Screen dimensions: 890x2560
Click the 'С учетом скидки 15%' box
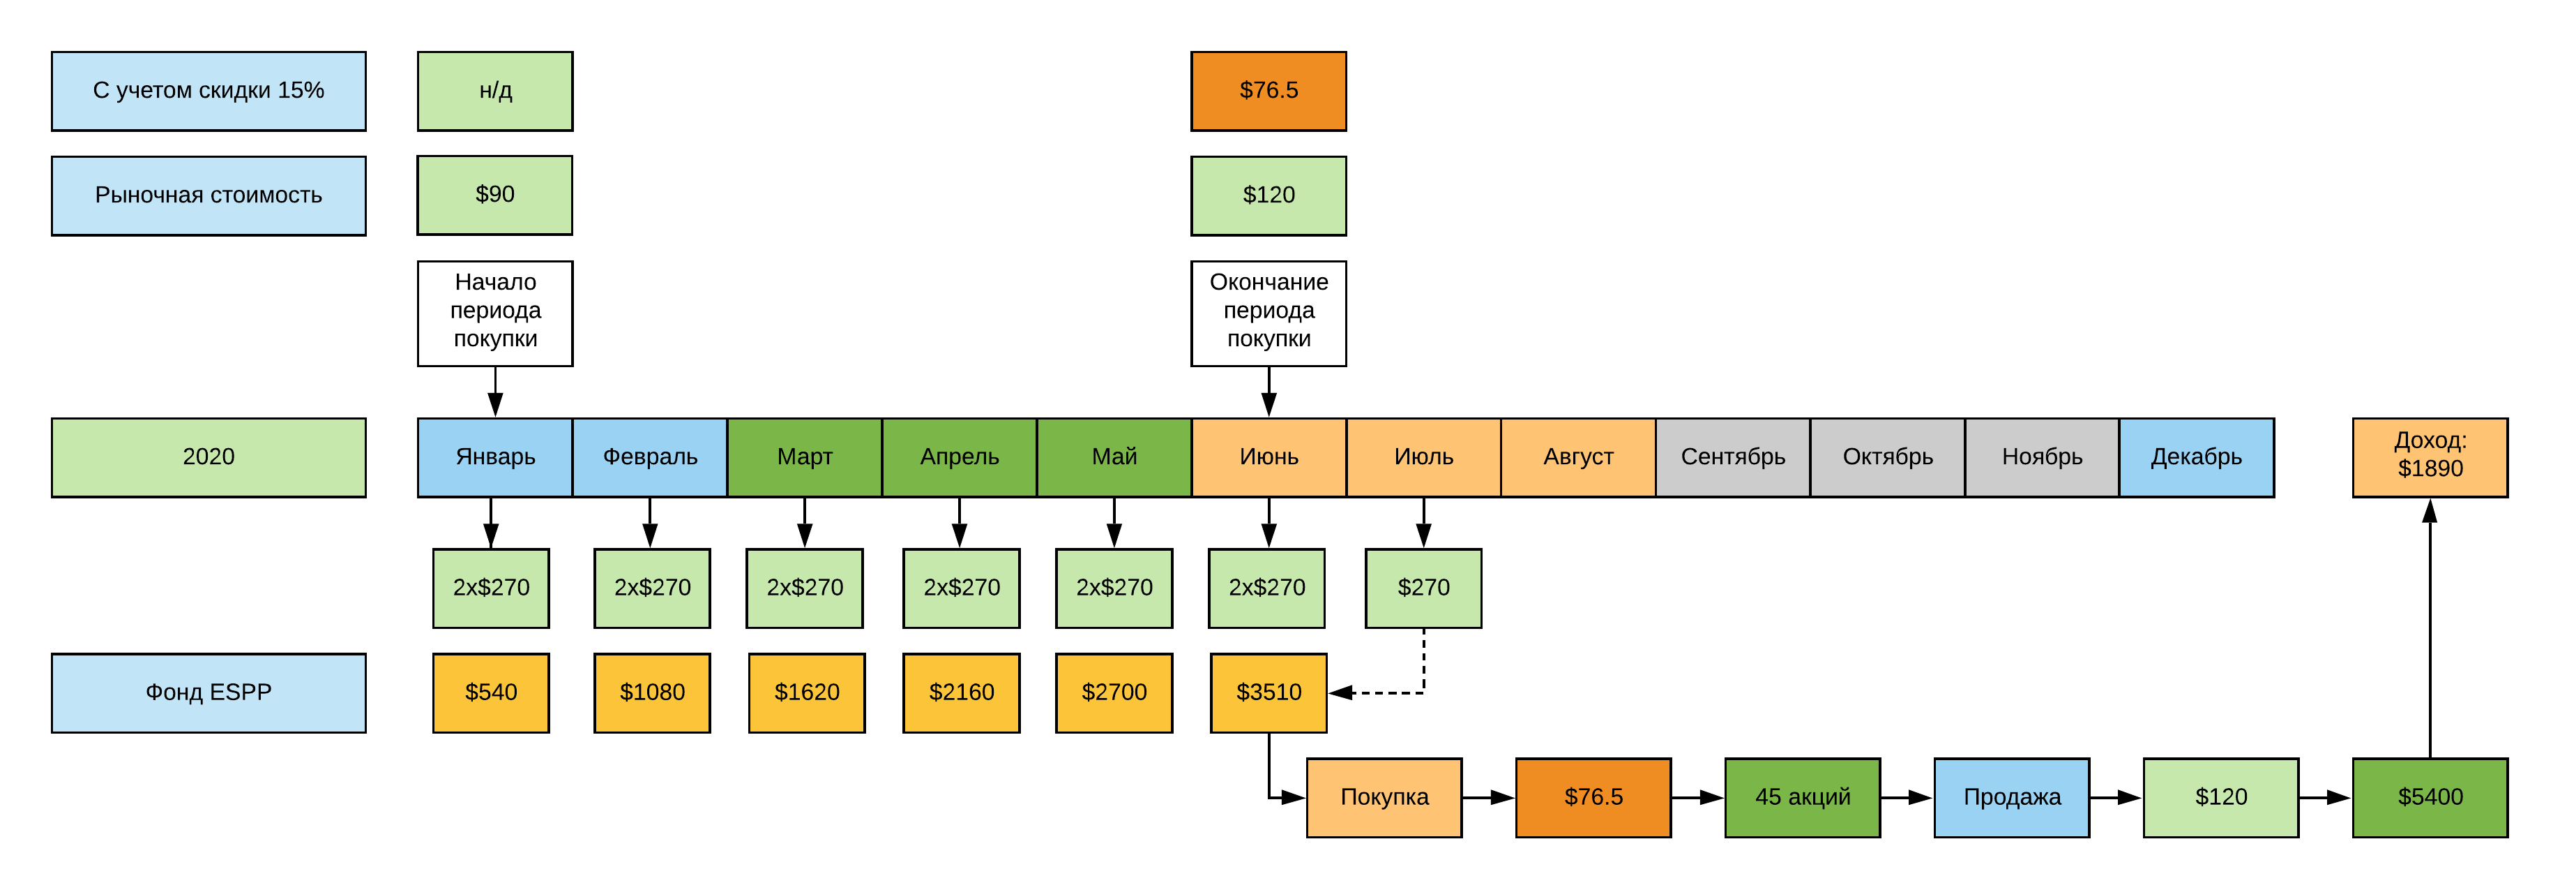coord(209,91)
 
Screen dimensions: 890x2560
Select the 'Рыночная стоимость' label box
coord(209,195)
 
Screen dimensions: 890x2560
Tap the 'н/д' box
coord(495,91)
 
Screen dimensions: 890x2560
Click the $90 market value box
coord(495,195)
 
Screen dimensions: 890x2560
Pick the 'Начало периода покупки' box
coord(495,312)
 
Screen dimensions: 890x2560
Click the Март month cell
coord(804,457)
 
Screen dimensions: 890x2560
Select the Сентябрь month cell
coord(1732,457)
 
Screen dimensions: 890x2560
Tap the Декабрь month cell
coord(2196,457)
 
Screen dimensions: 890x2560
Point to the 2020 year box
coord(209,457)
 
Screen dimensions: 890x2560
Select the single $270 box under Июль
coord(1423,588)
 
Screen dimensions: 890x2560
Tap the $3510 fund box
coord(1268,692)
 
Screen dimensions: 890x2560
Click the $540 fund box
coord(491,692)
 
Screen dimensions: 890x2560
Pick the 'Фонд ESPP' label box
coord(209,692)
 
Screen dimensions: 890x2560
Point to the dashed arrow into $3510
coord(1391,692)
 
